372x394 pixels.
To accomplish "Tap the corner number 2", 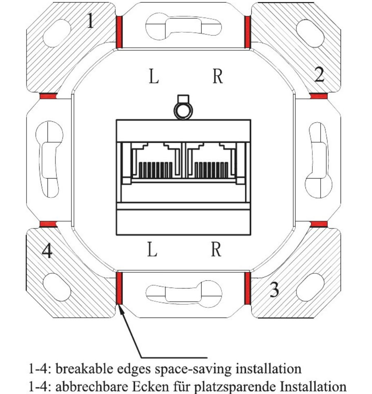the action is pyautogui.click(x=319, y=74).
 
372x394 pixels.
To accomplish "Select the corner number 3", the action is pyautogui.click(x=274, y=289).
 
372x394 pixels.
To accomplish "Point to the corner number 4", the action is pyautogui.click(x=47, y=251).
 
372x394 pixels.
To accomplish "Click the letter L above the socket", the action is pyautogui.click(x=154, y=76).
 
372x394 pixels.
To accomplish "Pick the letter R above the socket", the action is pyautogui.click(x=218, y=76).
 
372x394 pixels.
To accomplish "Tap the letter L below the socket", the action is pyautogui.click(x=152, y=249).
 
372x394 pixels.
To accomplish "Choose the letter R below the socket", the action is pyautogui.click(x=216, y=249).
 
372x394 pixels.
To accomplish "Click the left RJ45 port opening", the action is pyautogui.click(x=156, y=161).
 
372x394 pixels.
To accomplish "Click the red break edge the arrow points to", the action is pyautogui.click(x=120, y=288).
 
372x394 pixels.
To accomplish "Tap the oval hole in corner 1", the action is pyautogui.click(x=57, y=33).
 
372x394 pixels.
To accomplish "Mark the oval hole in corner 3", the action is pyautogui.click(x=310, y=287).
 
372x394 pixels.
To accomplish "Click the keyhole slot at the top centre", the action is pyautogui.click(x=183, y=27).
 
